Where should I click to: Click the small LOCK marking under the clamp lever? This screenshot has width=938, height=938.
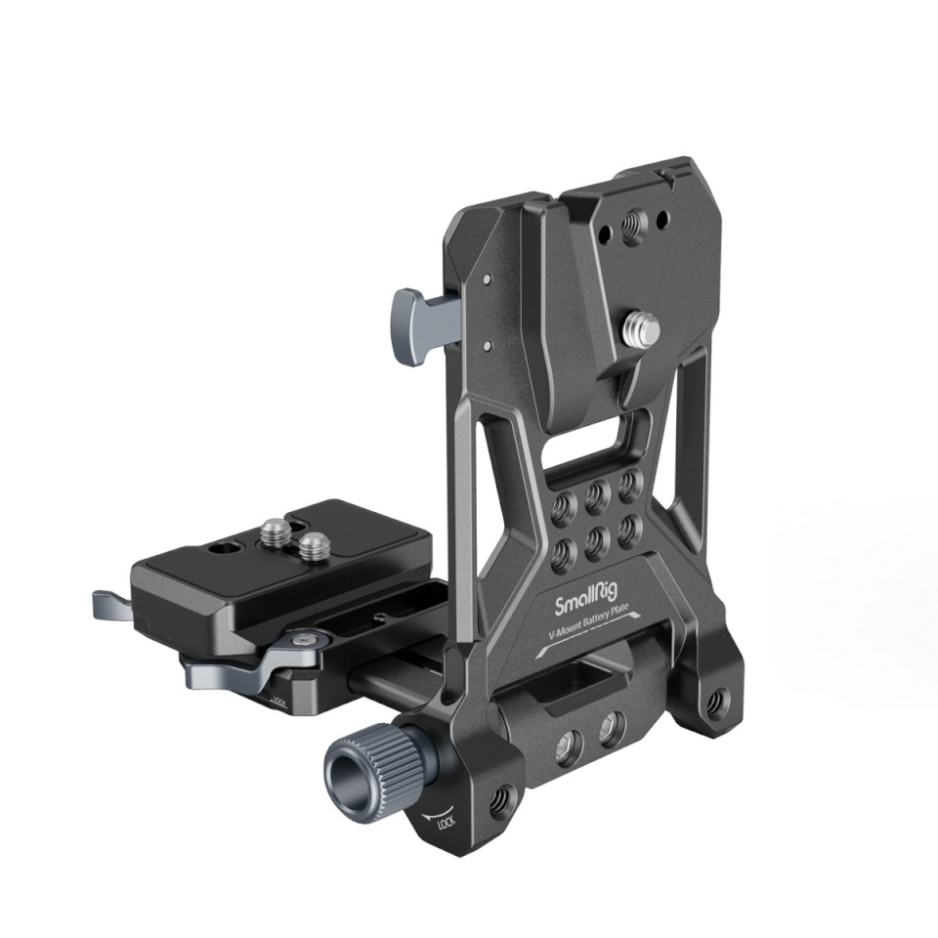(x=279, y=700)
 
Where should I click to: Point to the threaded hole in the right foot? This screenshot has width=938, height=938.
(x=721, y=700)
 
